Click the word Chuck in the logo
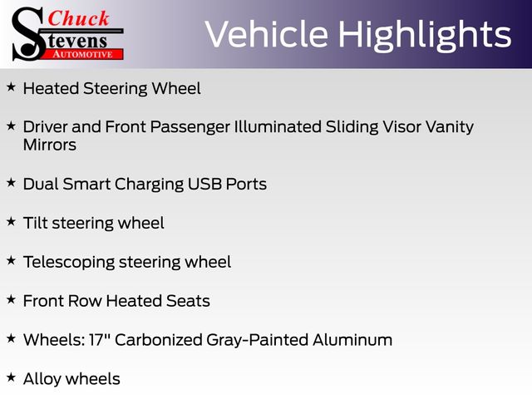point(78,18)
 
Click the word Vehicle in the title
point(267,34)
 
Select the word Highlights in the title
point(425,36)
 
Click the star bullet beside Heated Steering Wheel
point(11,87)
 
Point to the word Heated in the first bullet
point(52,89)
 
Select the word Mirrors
point(50,145)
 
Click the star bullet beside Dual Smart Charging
point(11,183)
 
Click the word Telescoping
point(69,263)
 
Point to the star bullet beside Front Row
point(11,299)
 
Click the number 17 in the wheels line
point(96,340)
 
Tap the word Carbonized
point(159,340)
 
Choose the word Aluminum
point(352,340)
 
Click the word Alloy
point(42,380)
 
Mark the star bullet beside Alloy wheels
point(11,377)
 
